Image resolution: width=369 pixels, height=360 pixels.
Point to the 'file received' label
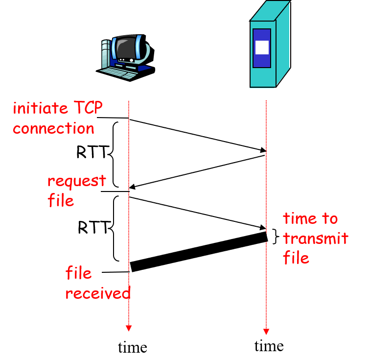coord(97,283)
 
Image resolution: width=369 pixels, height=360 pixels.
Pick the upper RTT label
coord(91,153)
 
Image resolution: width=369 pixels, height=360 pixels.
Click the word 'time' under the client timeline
coord(132,347)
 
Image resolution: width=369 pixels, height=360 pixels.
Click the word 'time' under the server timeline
coord(269,346)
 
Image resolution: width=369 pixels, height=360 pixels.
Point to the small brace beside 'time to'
coord(275,237)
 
